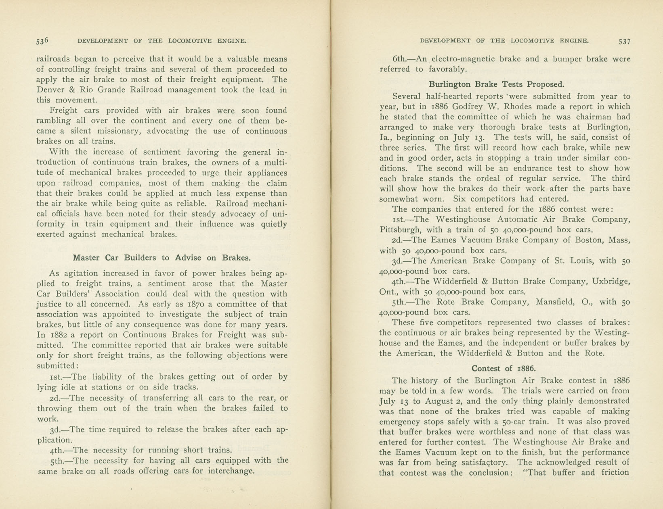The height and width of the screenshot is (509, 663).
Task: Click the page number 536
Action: point(42,41)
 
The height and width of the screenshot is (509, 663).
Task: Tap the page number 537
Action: point(624,41)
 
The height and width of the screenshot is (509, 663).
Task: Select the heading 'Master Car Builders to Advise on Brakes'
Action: point(162,258)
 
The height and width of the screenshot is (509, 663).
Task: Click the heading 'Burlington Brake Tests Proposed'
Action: point(496,85)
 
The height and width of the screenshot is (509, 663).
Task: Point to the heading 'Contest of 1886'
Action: point(504,369)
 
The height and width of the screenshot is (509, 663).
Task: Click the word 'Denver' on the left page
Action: point(50,90)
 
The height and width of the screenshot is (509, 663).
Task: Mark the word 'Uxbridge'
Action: point(611,282)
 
